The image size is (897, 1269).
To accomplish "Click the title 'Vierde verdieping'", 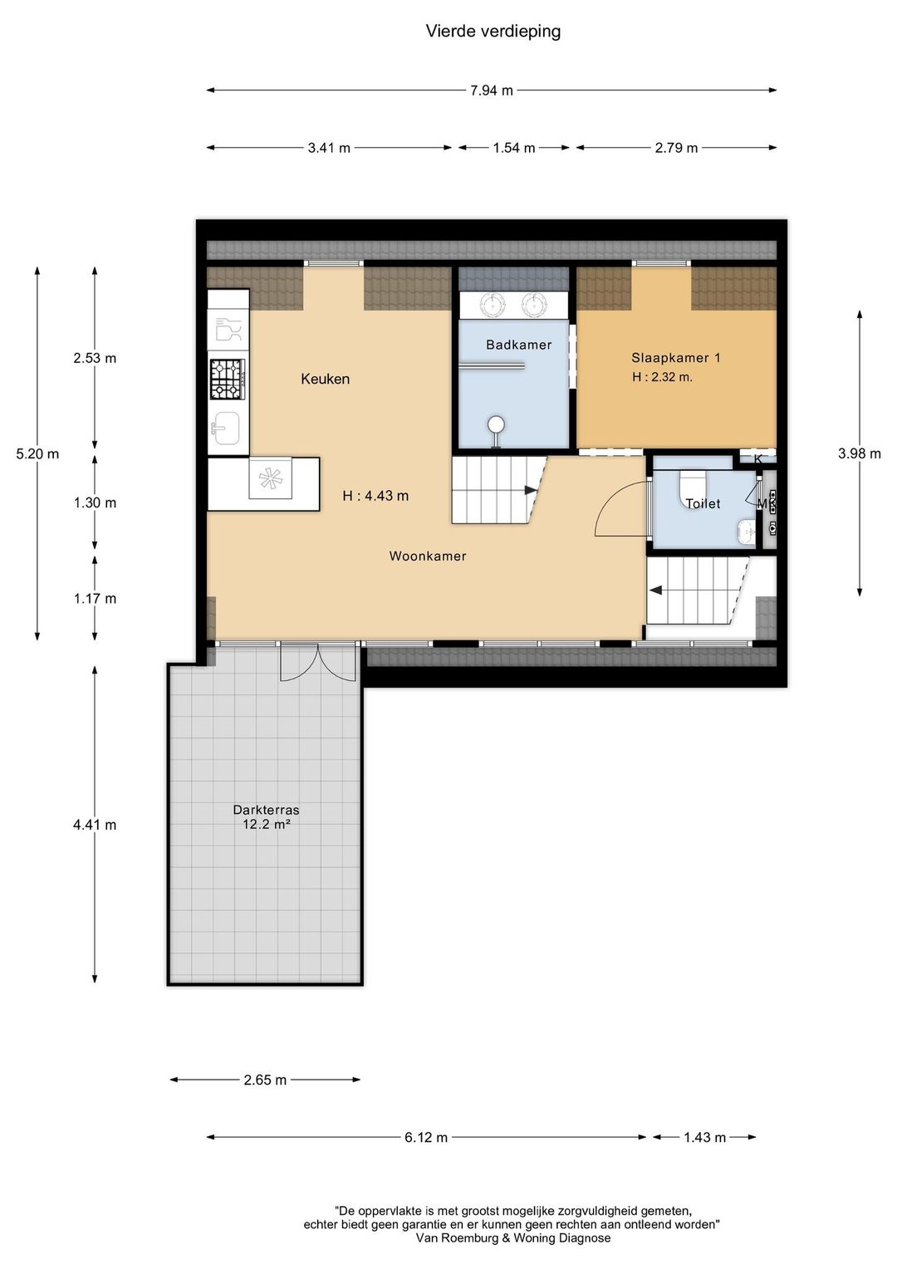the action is click(x=493, y=32).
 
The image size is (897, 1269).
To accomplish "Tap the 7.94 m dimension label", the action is click(x=492, y=90).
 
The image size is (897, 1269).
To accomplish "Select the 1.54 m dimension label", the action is click(x=514, y=148).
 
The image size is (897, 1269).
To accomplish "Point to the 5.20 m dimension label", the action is click(x=37, y=453).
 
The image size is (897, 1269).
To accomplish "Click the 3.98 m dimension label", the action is click(x=860, y=453).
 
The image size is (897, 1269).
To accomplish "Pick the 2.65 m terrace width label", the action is click(x=265, y=1080).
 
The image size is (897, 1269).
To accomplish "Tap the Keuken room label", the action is click(x=326, y=379).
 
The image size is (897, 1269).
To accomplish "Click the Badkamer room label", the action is click(x=519, y=345).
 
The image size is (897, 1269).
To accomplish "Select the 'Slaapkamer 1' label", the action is click(x=676, y=357).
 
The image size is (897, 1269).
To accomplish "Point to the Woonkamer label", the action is click(x=428, y=556).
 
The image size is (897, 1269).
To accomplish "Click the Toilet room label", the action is click(x=703, y=503).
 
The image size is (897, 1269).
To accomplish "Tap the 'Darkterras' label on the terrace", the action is click(x=266, y=810).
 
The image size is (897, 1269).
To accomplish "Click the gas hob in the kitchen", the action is click(x=228, y=379).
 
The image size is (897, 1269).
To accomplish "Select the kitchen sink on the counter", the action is click(x=225, y=429).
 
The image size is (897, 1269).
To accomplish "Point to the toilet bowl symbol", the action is click(x=693, y=488).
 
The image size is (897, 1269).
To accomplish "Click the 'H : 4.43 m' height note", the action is click(x=375, y=496).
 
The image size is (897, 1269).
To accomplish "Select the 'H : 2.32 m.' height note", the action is click(x=663, y=377).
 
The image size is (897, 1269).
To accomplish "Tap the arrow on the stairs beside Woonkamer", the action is click(x=531, y=490).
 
